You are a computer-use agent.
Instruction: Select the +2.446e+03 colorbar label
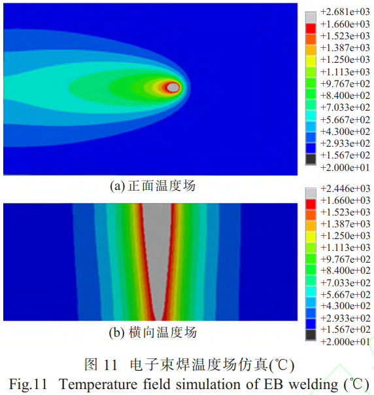345,189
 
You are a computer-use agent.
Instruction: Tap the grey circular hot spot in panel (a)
173,87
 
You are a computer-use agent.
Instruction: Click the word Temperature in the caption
91,382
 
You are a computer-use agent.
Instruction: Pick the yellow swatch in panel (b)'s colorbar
311,236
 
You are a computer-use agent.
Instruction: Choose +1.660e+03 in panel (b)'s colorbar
345,200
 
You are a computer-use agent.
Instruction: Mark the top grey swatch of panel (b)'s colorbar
311,189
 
